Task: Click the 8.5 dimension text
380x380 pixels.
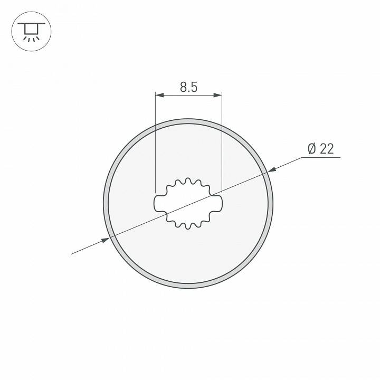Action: [188, 87]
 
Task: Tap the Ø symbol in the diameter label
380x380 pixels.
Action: [311, 149]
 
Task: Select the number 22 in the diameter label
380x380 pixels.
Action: [327, 149]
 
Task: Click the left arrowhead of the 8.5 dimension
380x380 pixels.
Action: [159, 95]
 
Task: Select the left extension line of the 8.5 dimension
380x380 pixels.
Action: [155, 142]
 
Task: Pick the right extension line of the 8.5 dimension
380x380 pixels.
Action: [221, 142]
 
